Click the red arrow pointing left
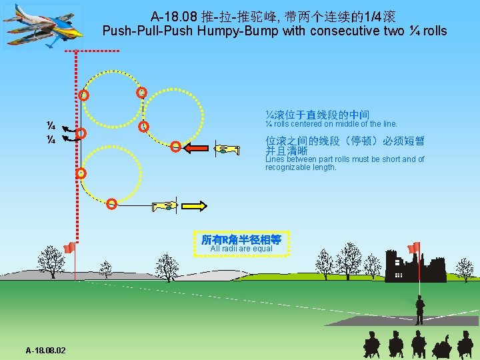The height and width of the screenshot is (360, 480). click(197, 148)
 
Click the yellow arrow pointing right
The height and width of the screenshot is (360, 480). click(195, 206)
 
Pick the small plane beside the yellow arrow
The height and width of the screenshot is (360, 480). click(165, 206)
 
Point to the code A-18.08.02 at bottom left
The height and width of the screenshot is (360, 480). click(50, 350)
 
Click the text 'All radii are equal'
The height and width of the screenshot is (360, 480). click(241, 249)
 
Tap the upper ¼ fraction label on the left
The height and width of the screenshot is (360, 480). click(50, 126)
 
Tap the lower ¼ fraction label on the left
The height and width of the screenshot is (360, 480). click(50, 139)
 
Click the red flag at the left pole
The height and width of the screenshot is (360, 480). click(69, 248)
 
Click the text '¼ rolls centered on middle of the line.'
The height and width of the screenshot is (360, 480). click(331, 124)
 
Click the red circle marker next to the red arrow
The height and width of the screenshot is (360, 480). click(175, 147)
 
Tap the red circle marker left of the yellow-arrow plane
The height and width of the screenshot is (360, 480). click(112, 203)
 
